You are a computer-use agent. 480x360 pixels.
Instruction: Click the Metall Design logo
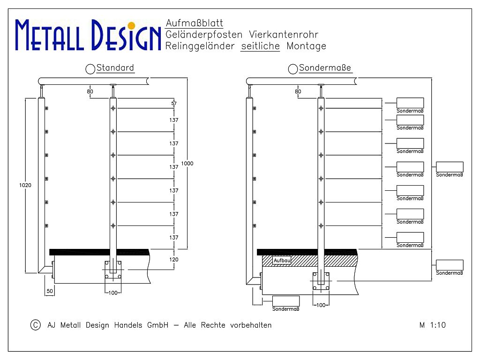pos(88,35)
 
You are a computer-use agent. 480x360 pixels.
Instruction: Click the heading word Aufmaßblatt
pos(195,23)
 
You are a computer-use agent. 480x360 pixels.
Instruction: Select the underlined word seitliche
pos(260,46)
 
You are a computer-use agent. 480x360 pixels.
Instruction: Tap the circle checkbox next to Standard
pos(90,69)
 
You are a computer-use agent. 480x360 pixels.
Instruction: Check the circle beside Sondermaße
pos(293,69)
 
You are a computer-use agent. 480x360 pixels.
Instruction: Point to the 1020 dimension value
pos(25,185)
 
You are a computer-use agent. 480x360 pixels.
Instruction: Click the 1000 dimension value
pos(187,164)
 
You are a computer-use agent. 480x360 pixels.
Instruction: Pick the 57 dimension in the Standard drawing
pos(174,104)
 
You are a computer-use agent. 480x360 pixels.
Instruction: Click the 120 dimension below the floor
pos(173,260)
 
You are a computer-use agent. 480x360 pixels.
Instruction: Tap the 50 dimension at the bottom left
pos(50,291)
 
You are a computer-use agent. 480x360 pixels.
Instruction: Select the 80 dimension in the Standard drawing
pos(90,91)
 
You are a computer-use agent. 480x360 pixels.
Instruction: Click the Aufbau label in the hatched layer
pos(282,261)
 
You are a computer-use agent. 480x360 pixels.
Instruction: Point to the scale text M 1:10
pos(432,325)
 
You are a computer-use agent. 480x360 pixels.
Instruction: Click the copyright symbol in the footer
pos(36,325)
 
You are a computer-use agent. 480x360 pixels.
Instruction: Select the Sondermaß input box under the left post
pos(286,301)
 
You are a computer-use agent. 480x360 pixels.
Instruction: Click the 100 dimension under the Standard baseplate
pos(113,293)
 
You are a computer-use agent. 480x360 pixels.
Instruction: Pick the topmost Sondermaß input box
pos(410,103)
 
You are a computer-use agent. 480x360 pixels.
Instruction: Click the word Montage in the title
pos(307,46)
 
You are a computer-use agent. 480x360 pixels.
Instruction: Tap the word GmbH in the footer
pos(157,325)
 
